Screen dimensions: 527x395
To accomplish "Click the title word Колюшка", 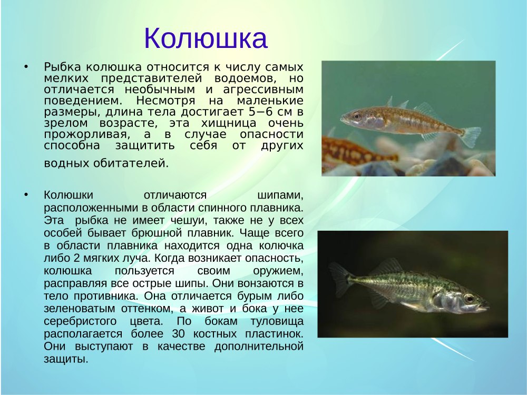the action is [x=206, y=38].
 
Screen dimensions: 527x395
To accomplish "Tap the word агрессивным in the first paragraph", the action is [x=263, y=90].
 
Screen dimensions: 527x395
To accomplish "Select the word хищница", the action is [x=229, y=123].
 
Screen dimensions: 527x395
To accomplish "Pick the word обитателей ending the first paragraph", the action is [x=130, y=163].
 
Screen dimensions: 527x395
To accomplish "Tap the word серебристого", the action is [x=80, y=321].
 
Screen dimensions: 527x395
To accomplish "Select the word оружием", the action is [x=278, y=271].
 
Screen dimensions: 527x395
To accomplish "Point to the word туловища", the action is [x=277, y=321].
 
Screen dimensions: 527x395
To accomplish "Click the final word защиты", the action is [x=66, y=359].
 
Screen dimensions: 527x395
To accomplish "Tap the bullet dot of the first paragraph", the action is [x=26, y=67].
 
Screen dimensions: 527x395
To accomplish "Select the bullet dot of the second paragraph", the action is [x=26, y=195].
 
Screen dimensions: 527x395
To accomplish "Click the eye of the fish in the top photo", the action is [x=357, y=116].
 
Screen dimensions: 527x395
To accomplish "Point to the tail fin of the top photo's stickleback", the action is [x=471, y=136].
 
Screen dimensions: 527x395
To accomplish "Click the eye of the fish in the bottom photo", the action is [x=469, y=298].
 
